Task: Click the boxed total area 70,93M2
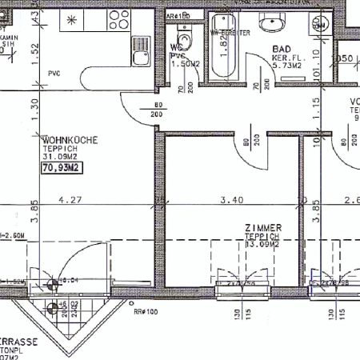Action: point(62,168)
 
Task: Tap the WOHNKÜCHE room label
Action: point(70,140)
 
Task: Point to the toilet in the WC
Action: point(185,39)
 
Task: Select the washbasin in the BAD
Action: point(278,22)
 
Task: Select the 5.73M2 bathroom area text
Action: point(285,65)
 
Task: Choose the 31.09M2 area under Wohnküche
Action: point(61,156)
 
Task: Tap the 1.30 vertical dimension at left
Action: point(34,104)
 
